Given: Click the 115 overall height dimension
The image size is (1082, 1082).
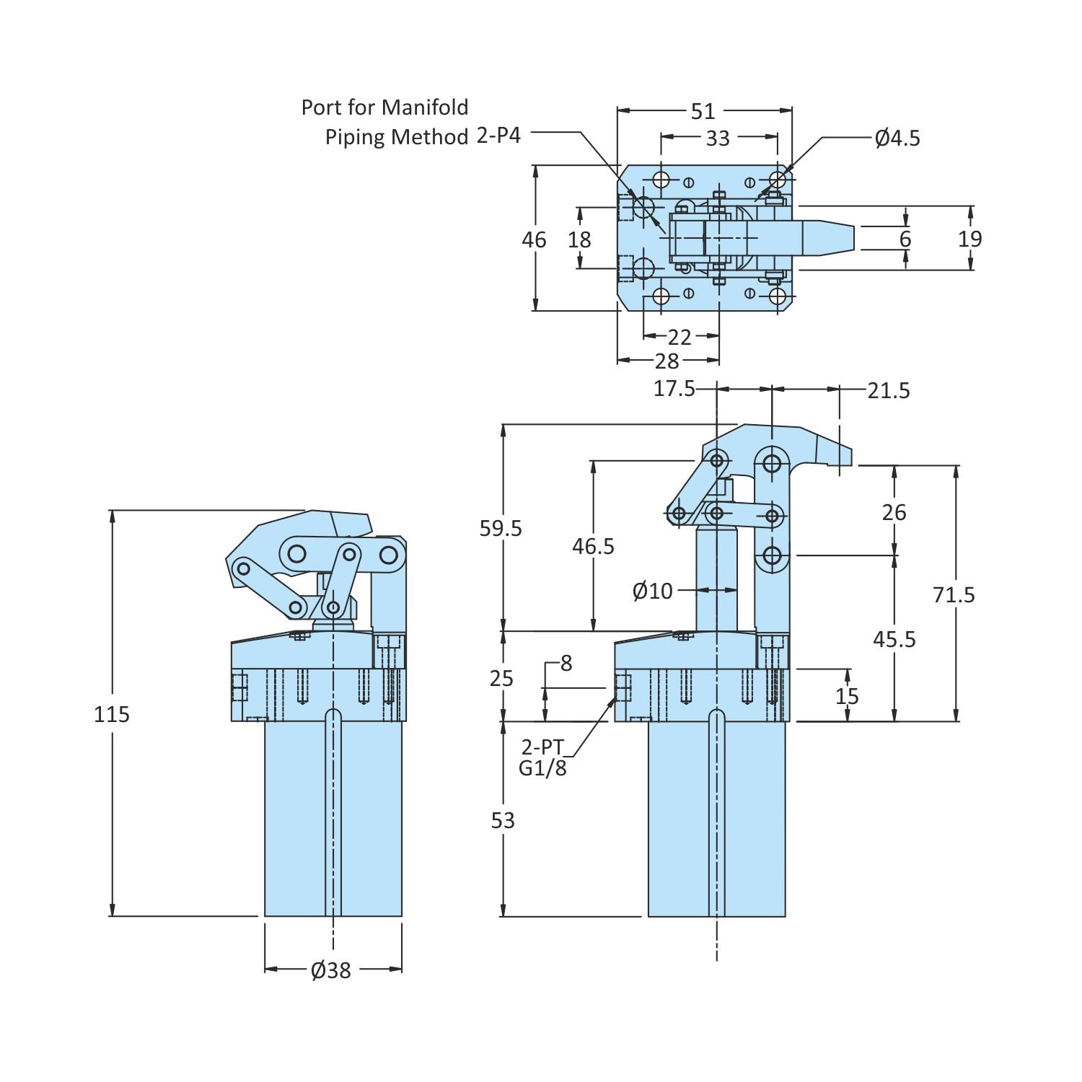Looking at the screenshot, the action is tap(112, 714).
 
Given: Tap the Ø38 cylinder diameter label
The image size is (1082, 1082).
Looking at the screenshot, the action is tap(331, 970).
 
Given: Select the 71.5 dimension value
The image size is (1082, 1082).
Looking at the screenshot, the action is tap(954, 594).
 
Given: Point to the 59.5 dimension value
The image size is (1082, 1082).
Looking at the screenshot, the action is tap(501, 529).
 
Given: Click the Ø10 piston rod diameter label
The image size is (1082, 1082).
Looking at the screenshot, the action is tap(652, 591).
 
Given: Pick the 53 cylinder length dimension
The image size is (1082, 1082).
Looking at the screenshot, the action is tap(503, 820).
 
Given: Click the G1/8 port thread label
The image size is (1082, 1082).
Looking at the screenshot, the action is tap(542, 768).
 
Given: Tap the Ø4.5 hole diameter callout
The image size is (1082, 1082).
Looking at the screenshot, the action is tap(897, 138).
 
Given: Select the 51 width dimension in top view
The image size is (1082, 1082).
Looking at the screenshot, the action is tap(703, 111).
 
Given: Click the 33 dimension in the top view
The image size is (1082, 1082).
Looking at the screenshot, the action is tap(718, 138).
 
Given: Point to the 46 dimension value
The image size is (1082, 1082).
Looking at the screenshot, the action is tap(535, 239).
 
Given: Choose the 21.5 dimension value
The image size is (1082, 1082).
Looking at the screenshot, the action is tap(889, 390).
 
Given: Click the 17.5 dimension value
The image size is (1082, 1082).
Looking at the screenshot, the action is tap(674, 389).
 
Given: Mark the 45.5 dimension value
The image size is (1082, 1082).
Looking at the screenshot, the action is tap(894, 639).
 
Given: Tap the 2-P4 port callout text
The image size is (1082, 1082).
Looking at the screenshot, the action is tap(498, 136).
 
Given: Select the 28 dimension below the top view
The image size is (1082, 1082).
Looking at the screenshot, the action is tap(667, 361).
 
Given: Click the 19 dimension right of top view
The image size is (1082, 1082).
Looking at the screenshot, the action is tap(970, 239).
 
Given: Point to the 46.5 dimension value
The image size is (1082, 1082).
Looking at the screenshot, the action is tap(594, 547).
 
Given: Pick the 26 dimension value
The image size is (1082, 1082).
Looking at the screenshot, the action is tap(894, 512).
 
